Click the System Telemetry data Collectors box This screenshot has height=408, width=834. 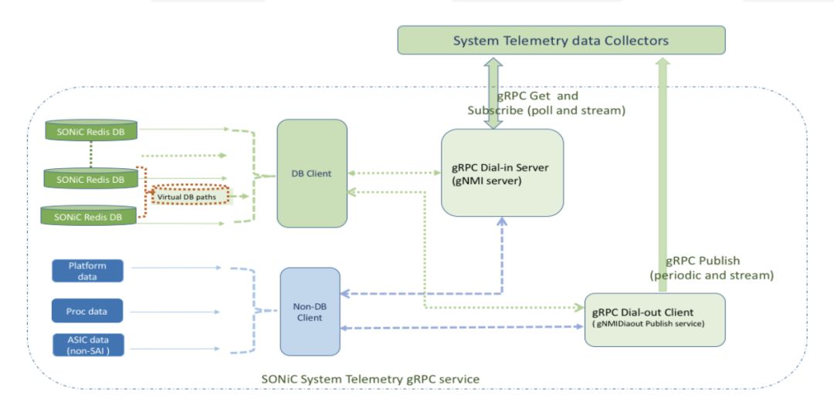[561, 40]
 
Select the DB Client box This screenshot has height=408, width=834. [312, 174]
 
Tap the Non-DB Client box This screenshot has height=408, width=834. [310, 312]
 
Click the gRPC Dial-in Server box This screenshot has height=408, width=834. [502, 172]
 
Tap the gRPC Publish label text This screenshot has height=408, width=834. [703, 261]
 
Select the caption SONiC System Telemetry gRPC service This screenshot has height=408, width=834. [370, 379]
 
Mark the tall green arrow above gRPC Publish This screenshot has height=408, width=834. [661, 154]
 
